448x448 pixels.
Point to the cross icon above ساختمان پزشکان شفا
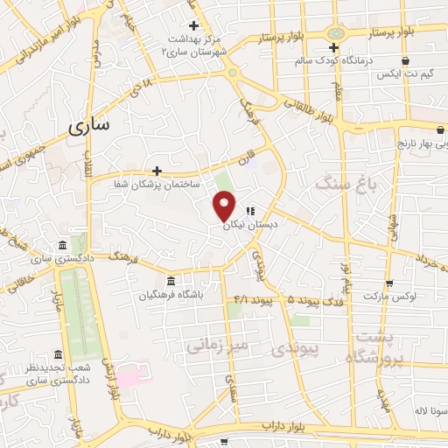[x=157, y=171]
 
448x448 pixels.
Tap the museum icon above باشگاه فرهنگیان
[x=169, y=281]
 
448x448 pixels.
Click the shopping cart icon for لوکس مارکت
[x=388, y=283]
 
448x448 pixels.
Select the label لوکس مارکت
[x=388, y=297]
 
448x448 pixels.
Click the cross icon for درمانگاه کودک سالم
[x=333, y=46]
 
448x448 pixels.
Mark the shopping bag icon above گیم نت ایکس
[x=404, y=60]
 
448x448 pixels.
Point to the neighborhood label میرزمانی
[x=217, y=345]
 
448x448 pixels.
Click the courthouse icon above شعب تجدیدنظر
[x=58, y=354]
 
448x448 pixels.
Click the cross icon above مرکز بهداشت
[x=193, y=24]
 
